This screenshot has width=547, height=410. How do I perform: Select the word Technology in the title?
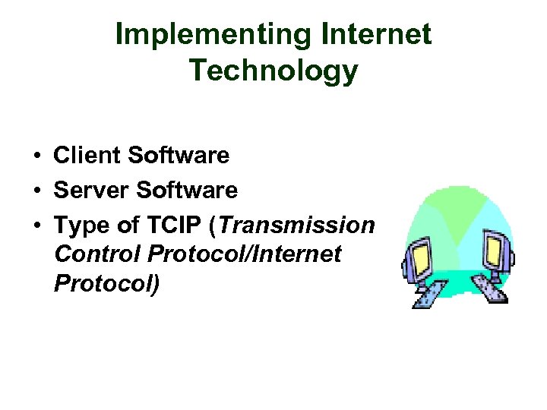(x=273, y=71)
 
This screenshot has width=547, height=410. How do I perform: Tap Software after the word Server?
(x=187, y=191)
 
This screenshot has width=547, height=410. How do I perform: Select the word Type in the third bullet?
(x=79, y=225)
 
